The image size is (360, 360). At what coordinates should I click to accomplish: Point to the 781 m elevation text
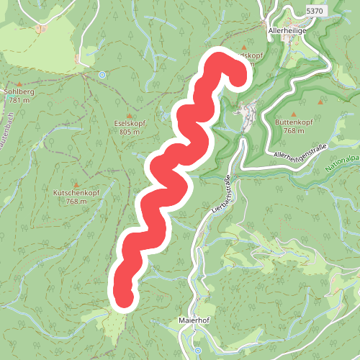19,100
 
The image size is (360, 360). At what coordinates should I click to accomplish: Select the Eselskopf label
130,124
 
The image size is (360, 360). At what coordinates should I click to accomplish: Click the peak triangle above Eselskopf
130,115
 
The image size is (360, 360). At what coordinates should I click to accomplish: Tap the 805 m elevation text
130,132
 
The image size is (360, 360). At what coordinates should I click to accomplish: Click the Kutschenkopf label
76,193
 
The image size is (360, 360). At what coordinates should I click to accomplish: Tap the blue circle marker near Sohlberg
102,73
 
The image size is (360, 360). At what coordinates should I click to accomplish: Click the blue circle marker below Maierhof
197,351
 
